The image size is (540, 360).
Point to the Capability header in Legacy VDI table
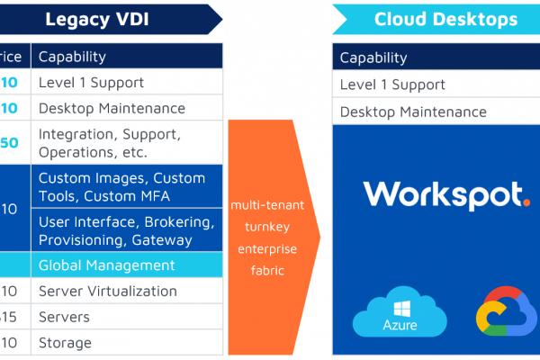[x=72, y=57]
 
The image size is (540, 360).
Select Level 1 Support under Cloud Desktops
[x=392, y=85]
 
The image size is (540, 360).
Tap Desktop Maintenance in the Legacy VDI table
[x=112, y=109]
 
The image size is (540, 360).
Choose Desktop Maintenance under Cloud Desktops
[x=413, y=112]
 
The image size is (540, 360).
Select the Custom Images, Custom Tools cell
[x=121, y=186]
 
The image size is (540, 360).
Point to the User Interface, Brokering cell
[x=126, y=231]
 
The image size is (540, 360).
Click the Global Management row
[x=106, y=265]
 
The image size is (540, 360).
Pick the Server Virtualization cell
[x=108, y=291]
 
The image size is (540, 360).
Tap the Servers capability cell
[x=64, y=317]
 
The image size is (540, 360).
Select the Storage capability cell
[x=65, y=343]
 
